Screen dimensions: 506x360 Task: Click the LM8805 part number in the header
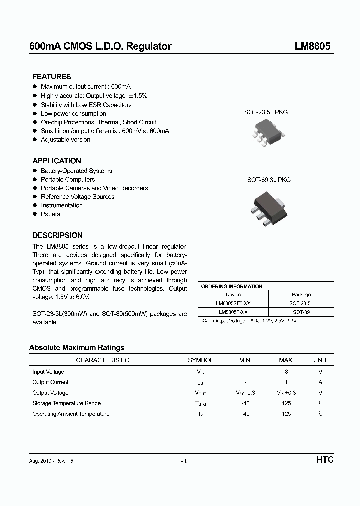click(x=312, y=46)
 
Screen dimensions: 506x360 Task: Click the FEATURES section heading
click(x=52, y=77)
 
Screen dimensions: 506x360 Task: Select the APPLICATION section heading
click(x=57, y=161)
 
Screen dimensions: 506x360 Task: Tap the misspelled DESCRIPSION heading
click(x=58, y=235)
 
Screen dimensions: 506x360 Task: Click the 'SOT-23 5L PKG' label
click(x=266, y=112)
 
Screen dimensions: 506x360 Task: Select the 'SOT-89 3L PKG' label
click(x=269, y=180)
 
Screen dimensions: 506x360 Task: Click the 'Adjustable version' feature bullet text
click(x=65, y=140)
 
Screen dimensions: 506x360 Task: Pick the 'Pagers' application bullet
click(x=50, y=214)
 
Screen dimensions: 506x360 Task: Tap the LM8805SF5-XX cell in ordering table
click(x=233, y=303)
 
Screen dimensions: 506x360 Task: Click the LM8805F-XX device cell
click(x=233, y=312)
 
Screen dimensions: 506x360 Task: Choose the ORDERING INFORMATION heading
click(x=231, y=287)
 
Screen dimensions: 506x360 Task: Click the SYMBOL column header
click(x=200, y=360)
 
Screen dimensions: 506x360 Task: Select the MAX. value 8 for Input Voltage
click(x=287, y=372)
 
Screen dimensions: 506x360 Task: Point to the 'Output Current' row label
click(x=51, y=382)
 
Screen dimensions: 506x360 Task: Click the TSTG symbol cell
click(x=200, y=403)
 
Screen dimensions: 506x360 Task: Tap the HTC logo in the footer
click(x=324, y=460)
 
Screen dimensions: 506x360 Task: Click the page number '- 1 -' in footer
click(x=186, y=461)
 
